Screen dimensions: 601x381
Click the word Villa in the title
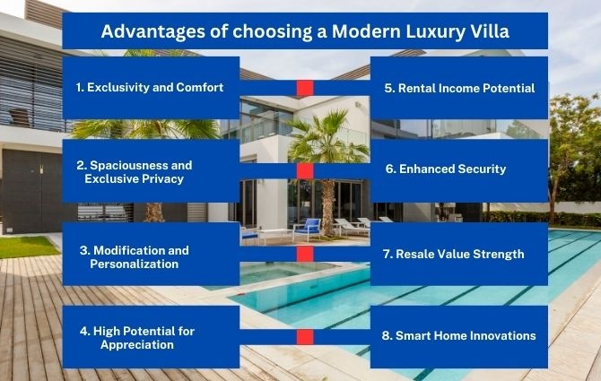491,31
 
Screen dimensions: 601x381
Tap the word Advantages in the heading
152,31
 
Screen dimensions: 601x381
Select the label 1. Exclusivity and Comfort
150,87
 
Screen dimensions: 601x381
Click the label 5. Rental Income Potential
459,88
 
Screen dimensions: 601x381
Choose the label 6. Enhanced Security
446,169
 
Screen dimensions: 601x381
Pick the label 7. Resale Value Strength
453,254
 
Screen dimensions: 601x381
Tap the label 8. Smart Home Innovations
458,335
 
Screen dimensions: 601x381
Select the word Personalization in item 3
135,264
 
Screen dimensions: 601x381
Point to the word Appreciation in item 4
137,344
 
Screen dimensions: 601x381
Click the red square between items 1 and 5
305,88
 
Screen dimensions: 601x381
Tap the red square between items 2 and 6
305,171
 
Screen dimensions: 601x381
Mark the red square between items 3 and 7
305,254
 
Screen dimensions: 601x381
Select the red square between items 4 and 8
305,337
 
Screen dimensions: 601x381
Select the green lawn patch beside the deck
28,247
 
